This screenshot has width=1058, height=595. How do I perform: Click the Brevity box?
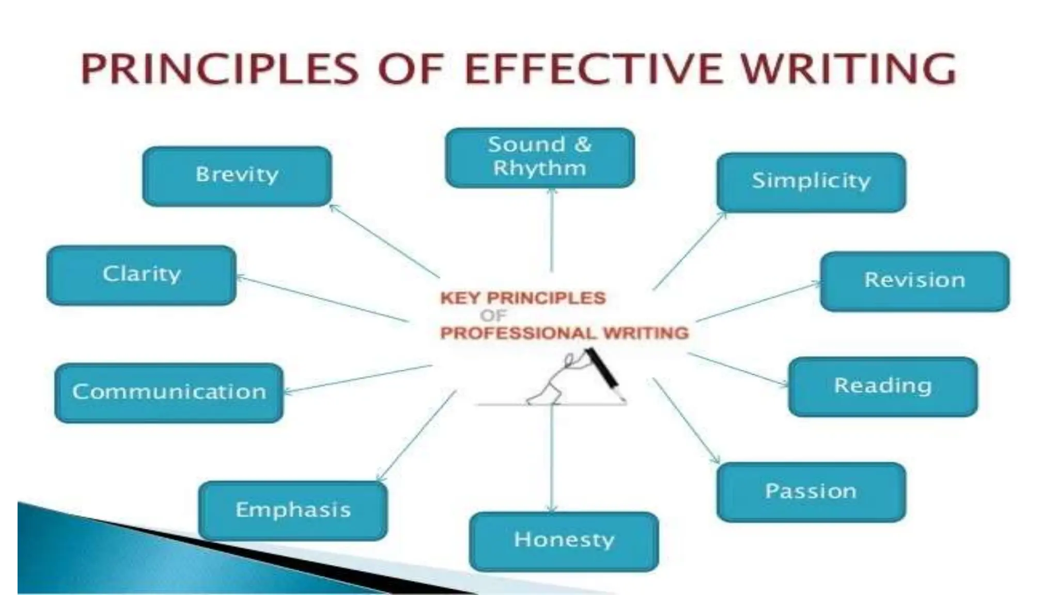click(x=237, y=176)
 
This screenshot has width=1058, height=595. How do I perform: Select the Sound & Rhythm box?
click(x=540, y=158)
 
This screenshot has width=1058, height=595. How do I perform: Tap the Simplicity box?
click(x=811, y=182)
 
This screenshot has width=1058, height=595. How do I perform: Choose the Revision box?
click(x=914, y=281)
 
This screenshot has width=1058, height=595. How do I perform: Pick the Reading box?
click(x=883, y=386)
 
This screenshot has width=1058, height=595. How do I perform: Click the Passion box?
click(x=811, y=492)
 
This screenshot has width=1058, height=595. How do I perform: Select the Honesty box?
click(x=564, y=541)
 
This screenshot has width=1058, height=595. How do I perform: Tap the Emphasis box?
click(x=293, y=511)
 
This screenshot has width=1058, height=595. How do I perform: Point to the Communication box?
click(x=169, y=393)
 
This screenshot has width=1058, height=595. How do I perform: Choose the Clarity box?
click(x=142, y=275)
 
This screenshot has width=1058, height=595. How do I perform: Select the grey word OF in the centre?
click(x=493, y=316)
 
